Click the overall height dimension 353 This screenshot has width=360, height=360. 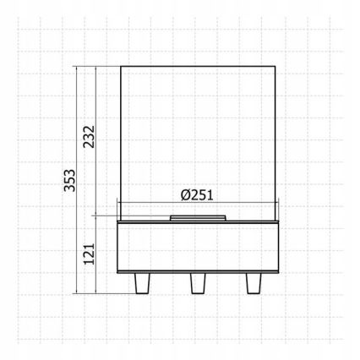pos(70,180)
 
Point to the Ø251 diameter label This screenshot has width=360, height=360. pos(199,194)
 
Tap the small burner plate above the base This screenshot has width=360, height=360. pos(199,218)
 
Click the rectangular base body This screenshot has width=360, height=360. pos(199,248)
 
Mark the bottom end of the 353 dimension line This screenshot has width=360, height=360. pos(79,293)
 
